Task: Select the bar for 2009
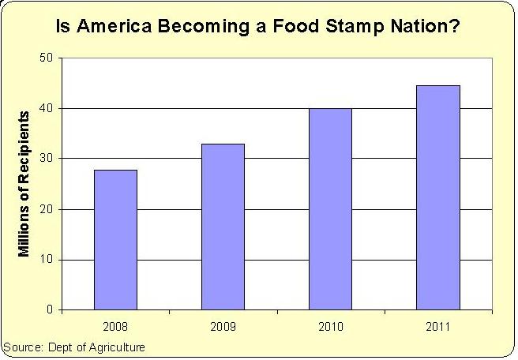[223, 227]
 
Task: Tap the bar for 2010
[330, 208]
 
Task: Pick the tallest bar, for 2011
[438, 197]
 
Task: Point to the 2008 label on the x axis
[115, 324]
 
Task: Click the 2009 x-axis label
[223, 324]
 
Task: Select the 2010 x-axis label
[330, 324]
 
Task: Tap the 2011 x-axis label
[438, 324]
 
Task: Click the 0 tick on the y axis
[49, 310]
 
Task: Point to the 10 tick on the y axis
[47, 260]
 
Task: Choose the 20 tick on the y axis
[47, 209]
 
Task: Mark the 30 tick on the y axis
[47, 159]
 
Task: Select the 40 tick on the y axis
[47, 108]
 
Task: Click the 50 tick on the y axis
[47, 58]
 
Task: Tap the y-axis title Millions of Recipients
[24, 183]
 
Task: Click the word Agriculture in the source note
[116, 347]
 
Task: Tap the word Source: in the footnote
[21, 347]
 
